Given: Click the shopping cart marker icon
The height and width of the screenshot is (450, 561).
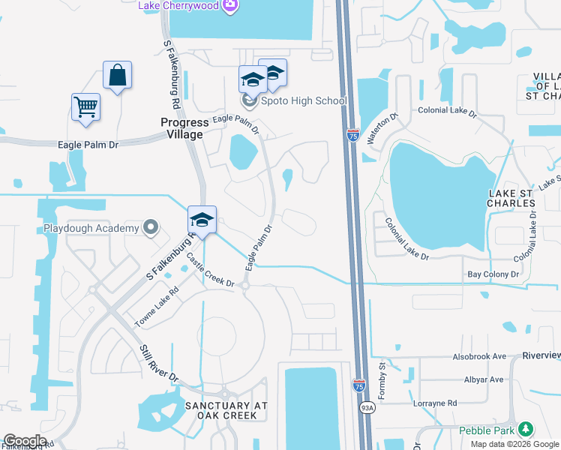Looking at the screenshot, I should [85, 106].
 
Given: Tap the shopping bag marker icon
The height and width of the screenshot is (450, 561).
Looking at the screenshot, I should [117, 75].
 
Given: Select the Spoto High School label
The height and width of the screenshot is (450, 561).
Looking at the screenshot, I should [303, 101].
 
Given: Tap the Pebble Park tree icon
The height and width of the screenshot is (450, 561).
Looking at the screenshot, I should [526, 430].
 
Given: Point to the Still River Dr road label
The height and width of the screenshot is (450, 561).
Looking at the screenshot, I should [157, 363].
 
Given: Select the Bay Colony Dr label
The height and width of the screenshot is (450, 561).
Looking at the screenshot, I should [493, 275].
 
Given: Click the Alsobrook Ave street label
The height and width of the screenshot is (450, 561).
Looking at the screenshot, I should [479, 357].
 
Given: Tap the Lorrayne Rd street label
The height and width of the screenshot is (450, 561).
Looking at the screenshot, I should [435, 403].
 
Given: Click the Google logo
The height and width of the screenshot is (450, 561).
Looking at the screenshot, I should [25, 441].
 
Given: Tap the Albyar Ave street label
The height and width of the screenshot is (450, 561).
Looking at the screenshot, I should [483, 379].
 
